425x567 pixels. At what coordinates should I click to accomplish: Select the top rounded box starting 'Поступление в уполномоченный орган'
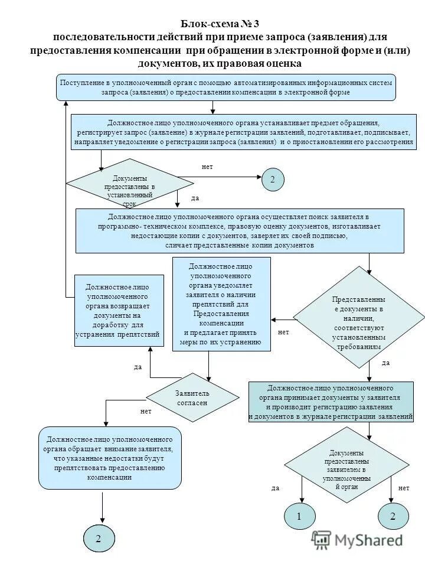tap(225, 87)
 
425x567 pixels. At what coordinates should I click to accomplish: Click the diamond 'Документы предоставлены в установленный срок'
tap(130, 183)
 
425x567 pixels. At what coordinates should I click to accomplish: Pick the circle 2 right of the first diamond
tap(273, 179)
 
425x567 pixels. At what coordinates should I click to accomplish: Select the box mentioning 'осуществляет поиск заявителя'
tap(239, 230)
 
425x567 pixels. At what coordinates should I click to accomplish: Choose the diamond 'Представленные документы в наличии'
tap(358, 319)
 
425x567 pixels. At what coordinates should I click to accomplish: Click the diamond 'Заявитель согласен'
tap(192, 397)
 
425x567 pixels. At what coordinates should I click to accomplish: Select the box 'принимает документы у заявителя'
tap(330, 402)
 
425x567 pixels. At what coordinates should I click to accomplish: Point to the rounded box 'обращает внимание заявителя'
tap(109, 458)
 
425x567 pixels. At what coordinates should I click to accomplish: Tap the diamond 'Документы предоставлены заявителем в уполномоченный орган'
tap(346, 464)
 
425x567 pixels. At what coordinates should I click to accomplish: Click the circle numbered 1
tap(299, 516)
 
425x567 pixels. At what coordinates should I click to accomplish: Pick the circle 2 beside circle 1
tap(393, 516)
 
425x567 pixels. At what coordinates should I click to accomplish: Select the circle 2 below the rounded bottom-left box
tap(99, 538)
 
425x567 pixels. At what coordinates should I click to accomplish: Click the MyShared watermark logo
tap(358, 539)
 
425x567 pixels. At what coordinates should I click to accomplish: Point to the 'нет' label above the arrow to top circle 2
tap(207, 167)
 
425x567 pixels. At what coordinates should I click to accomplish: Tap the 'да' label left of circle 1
tap(275, 488)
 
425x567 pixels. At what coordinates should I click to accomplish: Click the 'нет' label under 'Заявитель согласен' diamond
tap(145, 410)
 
